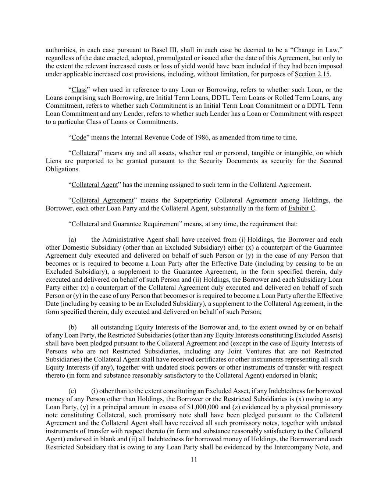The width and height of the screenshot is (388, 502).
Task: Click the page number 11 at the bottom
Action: [x=194, y=459]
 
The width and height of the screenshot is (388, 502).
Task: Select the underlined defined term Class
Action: [x=79, y=90]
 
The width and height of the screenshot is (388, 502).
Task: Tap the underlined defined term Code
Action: [x=79, y=138]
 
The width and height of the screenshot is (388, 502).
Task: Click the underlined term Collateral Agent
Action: [x=95, y=185]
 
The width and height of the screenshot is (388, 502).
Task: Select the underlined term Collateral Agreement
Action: [x=102, y=200]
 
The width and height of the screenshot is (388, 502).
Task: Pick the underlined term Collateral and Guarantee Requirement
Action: [x=125, y=224]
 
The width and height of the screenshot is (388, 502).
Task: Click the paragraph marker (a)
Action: [x=72, y=240]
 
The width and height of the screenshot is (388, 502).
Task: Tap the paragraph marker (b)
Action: [x=72, y=327]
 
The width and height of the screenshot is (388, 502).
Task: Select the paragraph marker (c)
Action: [x=72, y=391]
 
